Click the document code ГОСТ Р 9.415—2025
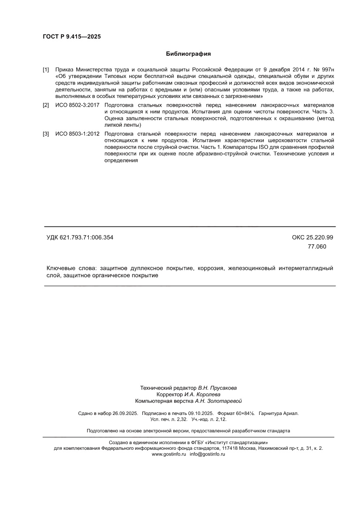pyautogui.click(x=71, y=37)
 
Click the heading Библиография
pyautogui.click(x=188, y=54)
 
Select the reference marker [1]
pyautogui.click(x=46, y=70)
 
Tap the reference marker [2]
pyautogui.click(x=46, y=106)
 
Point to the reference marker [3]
pyautogui.click(x=46, y=134)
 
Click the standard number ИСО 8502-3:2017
pyautogui.click(x=77, y=106)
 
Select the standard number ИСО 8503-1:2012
pyautogui.click(x=77, y=134)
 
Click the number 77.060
pyautogui.click(x=316, y=246)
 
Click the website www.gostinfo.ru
pyautogui.click(x=169, y=454)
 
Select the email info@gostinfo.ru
pyautogui.click(x=207, y=454)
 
